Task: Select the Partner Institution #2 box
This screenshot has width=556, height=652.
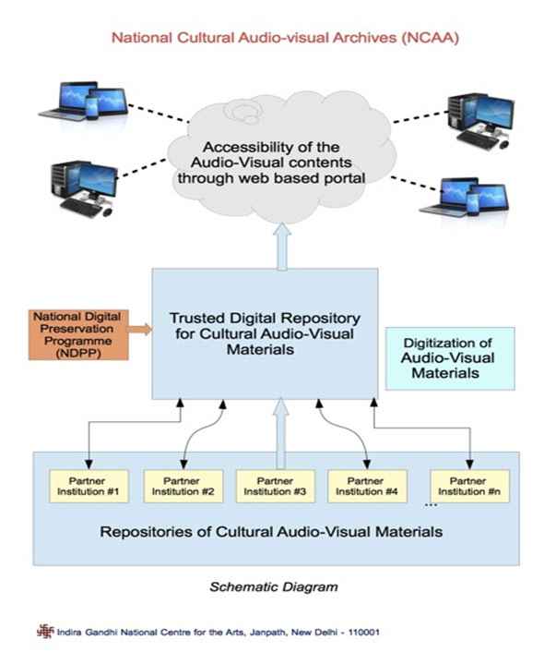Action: (183, 486)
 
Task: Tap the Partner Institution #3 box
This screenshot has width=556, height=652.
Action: (274, 486)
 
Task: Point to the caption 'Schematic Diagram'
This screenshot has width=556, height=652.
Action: (273, 586)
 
